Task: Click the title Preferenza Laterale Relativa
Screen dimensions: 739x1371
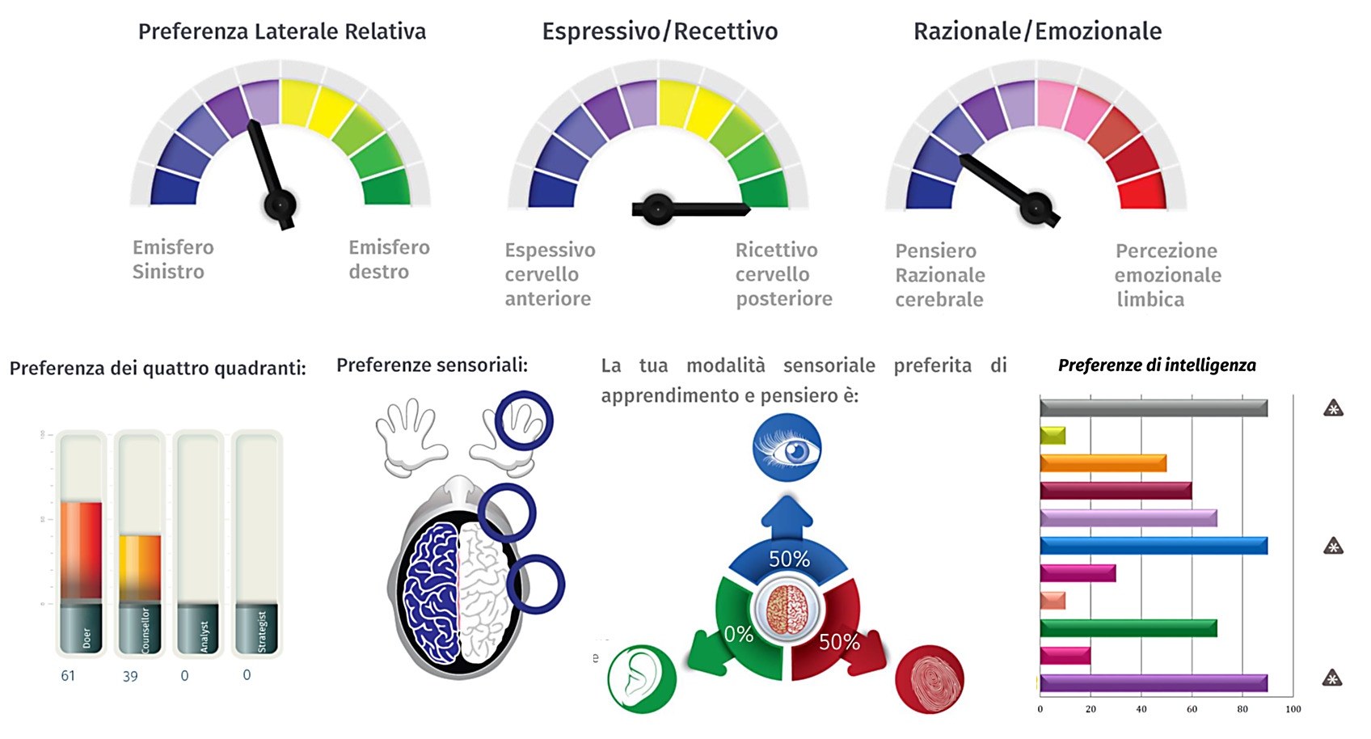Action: coord(281,32)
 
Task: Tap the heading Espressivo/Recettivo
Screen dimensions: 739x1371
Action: coord(660,32)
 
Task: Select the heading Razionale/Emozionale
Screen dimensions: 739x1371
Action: coord(1037,32)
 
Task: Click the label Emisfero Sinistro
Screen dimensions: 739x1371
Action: coord(172,260)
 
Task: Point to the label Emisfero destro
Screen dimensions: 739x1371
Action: coord(389,260)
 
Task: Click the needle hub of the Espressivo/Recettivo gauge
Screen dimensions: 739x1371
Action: coord(658,209)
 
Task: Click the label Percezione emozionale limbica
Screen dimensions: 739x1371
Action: coord(1167,275)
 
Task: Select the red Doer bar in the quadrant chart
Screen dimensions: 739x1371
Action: coord(81,550)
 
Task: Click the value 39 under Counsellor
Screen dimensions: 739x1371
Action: coord(130,677)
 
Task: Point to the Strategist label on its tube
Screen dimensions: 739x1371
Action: coord(262,631)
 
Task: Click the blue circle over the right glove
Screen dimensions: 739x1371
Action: coord(524,420)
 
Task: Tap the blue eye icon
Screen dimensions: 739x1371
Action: coord(787,448)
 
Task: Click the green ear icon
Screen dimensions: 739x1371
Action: coord(642,679)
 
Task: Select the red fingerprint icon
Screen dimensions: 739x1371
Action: coord(930,679)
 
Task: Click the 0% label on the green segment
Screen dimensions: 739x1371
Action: coord(739,635)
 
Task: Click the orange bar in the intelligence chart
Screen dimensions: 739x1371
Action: coord(1103,463)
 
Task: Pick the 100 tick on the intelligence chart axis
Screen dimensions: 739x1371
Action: coord(1293,709)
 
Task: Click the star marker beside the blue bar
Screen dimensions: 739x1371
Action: coord(1333,547)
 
